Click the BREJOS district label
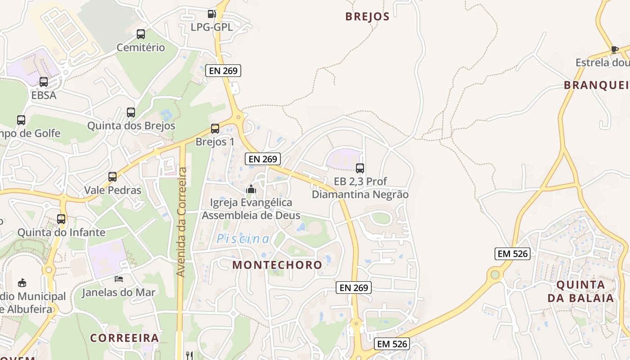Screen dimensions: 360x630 367,17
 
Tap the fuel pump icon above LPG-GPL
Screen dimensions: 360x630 211,14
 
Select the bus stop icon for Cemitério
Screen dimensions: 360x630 141,34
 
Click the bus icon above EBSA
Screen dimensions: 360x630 44,82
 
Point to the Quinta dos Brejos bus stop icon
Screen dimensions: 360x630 131,112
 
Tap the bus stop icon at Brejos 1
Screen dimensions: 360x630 215,129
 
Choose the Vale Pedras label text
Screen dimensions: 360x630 112,190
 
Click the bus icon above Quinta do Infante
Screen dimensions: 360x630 61,219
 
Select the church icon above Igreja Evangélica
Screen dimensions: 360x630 251,189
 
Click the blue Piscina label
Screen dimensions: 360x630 243,239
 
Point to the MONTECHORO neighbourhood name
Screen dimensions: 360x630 277,265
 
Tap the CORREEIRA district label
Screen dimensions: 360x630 125,338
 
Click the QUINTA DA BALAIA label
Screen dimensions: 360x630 580,291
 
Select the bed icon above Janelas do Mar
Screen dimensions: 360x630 119,279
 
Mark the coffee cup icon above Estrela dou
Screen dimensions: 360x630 615,49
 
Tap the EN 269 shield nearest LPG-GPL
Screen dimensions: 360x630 223,70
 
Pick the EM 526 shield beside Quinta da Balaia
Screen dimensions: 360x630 512,253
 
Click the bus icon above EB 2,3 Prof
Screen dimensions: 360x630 360,168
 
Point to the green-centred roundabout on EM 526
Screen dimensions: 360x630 495,274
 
